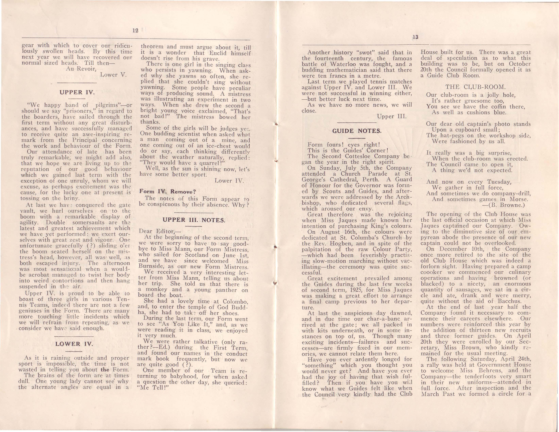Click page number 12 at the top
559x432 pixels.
[135, 30]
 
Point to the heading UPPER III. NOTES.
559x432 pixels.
[194, 220]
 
